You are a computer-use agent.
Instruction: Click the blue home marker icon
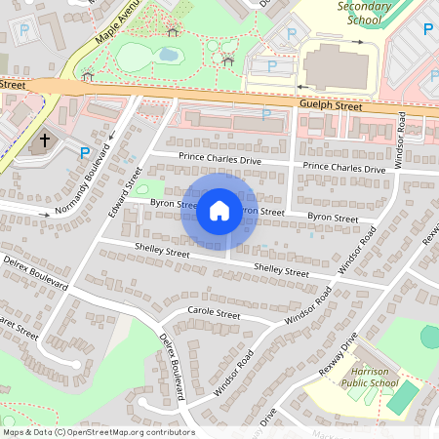(219, 210)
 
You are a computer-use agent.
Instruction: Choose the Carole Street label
(214, 314)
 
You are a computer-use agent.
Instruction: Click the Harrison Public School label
(371, 377)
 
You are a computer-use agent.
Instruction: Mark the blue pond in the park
(168, 55)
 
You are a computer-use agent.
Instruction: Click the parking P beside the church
(85, 152)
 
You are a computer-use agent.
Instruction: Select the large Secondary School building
(336, 68)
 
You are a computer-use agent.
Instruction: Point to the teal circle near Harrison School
(430, 337)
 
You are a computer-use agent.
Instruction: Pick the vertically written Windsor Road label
(399, 140)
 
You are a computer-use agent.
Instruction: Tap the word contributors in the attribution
(172, 431)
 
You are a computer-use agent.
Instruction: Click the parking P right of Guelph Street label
(265, 114)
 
